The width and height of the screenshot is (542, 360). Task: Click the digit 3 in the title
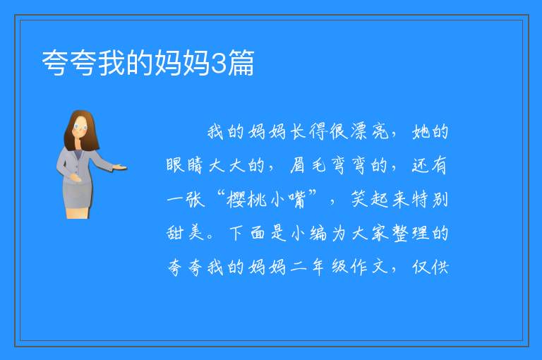218,64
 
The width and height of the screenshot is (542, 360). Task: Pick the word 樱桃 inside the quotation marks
247,200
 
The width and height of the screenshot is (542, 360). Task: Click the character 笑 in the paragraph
359,199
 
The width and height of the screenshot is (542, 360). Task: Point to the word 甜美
185,232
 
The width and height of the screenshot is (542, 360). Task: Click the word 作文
369,267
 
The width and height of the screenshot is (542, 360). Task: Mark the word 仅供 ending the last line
430,267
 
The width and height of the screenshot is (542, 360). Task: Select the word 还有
430,165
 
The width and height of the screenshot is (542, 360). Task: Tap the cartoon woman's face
80,127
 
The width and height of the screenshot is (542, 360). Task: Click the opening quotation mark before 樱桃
222,194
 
